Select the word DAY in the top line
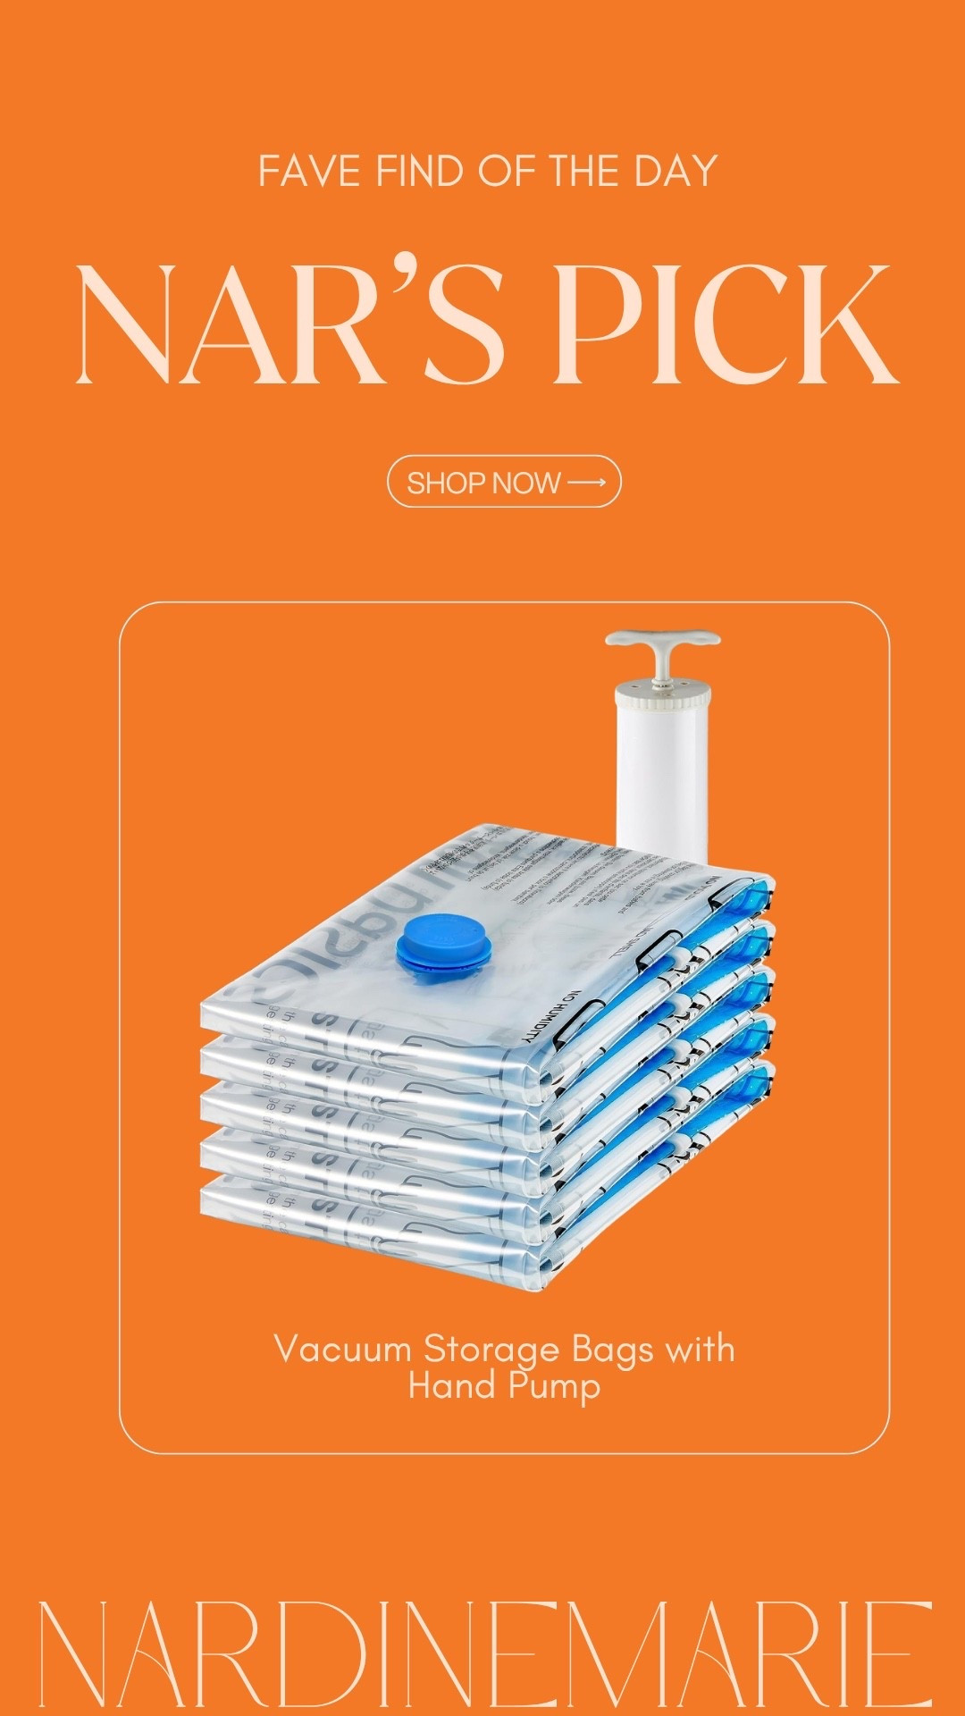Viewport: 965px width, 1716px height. click(x=675, y=172)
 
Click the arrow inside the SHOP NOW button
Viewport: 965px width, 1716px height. click(x=587, y=483)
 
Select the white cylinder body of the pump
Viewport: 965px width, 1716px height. click(x=662, y=769)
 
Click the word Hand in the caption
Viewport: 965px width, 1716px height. click(x=452, y=1385)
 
